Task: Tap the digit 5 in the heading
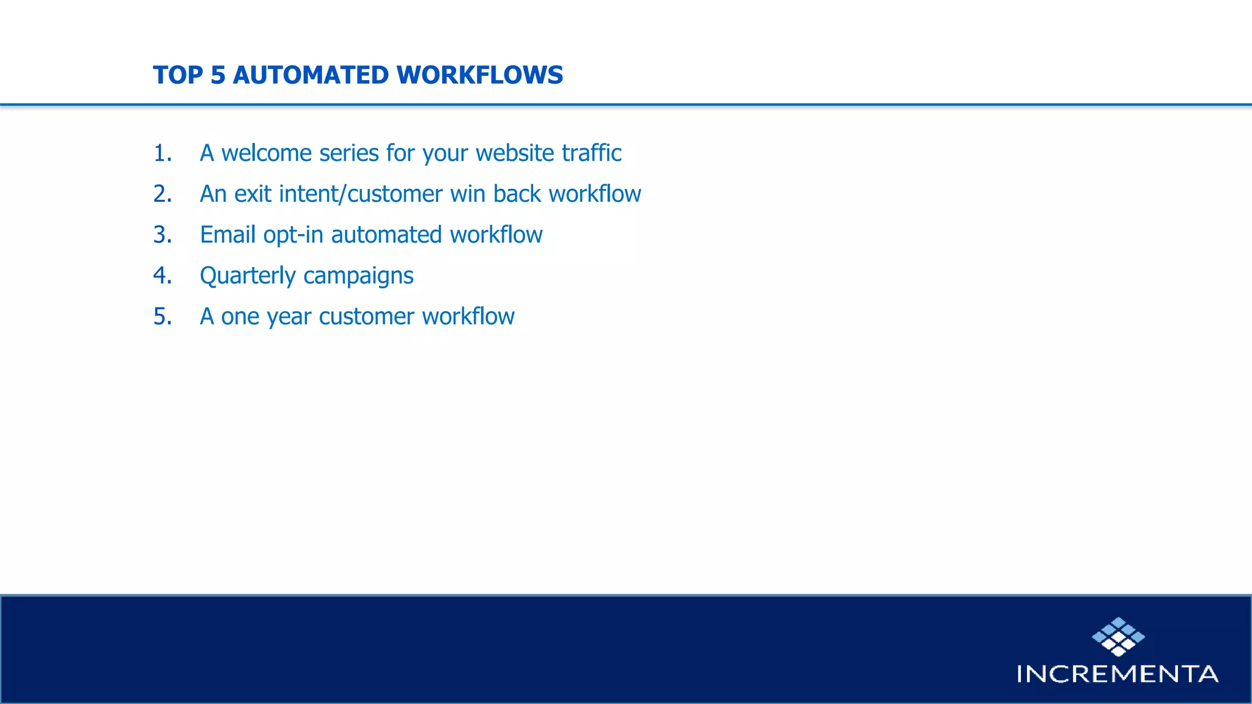coord(218,75)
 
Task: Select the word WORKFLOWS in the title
coord(479,75)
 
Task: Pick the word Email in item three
coord(227,235)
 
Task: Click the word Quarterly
coord(248,276)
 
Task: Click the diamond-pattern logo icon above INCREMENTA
coord(1118,636)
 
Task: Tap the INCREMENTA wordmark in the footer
coord(1118,674)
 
